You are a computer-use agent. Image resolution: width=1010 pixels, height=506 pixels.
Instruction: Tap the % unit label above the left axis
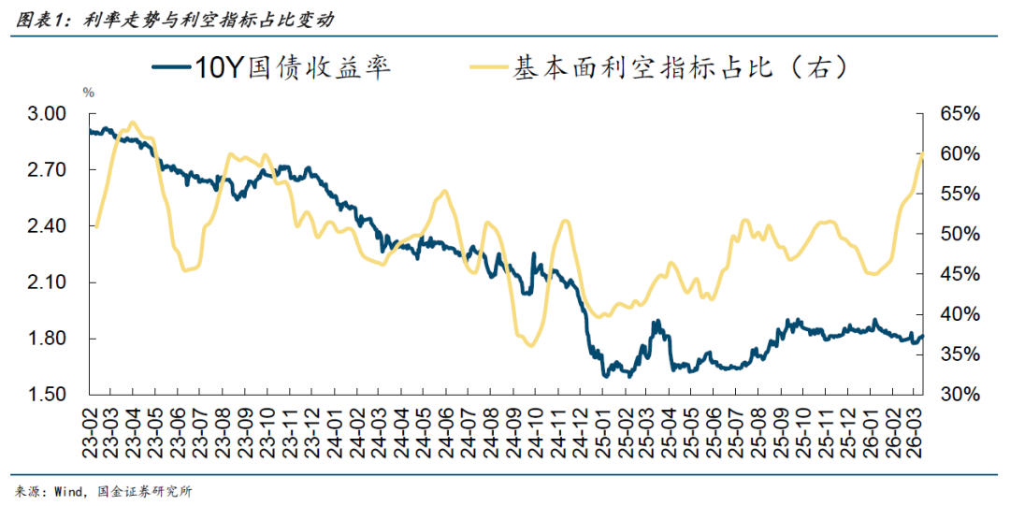pos(89,93)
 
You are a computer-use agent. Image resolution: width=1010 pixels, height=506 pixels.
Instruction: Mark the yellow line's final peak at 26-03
pos(922,152)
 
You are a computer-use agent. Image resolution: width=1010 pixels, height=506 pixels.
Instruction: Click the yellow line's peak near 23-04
pos(132,123)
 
